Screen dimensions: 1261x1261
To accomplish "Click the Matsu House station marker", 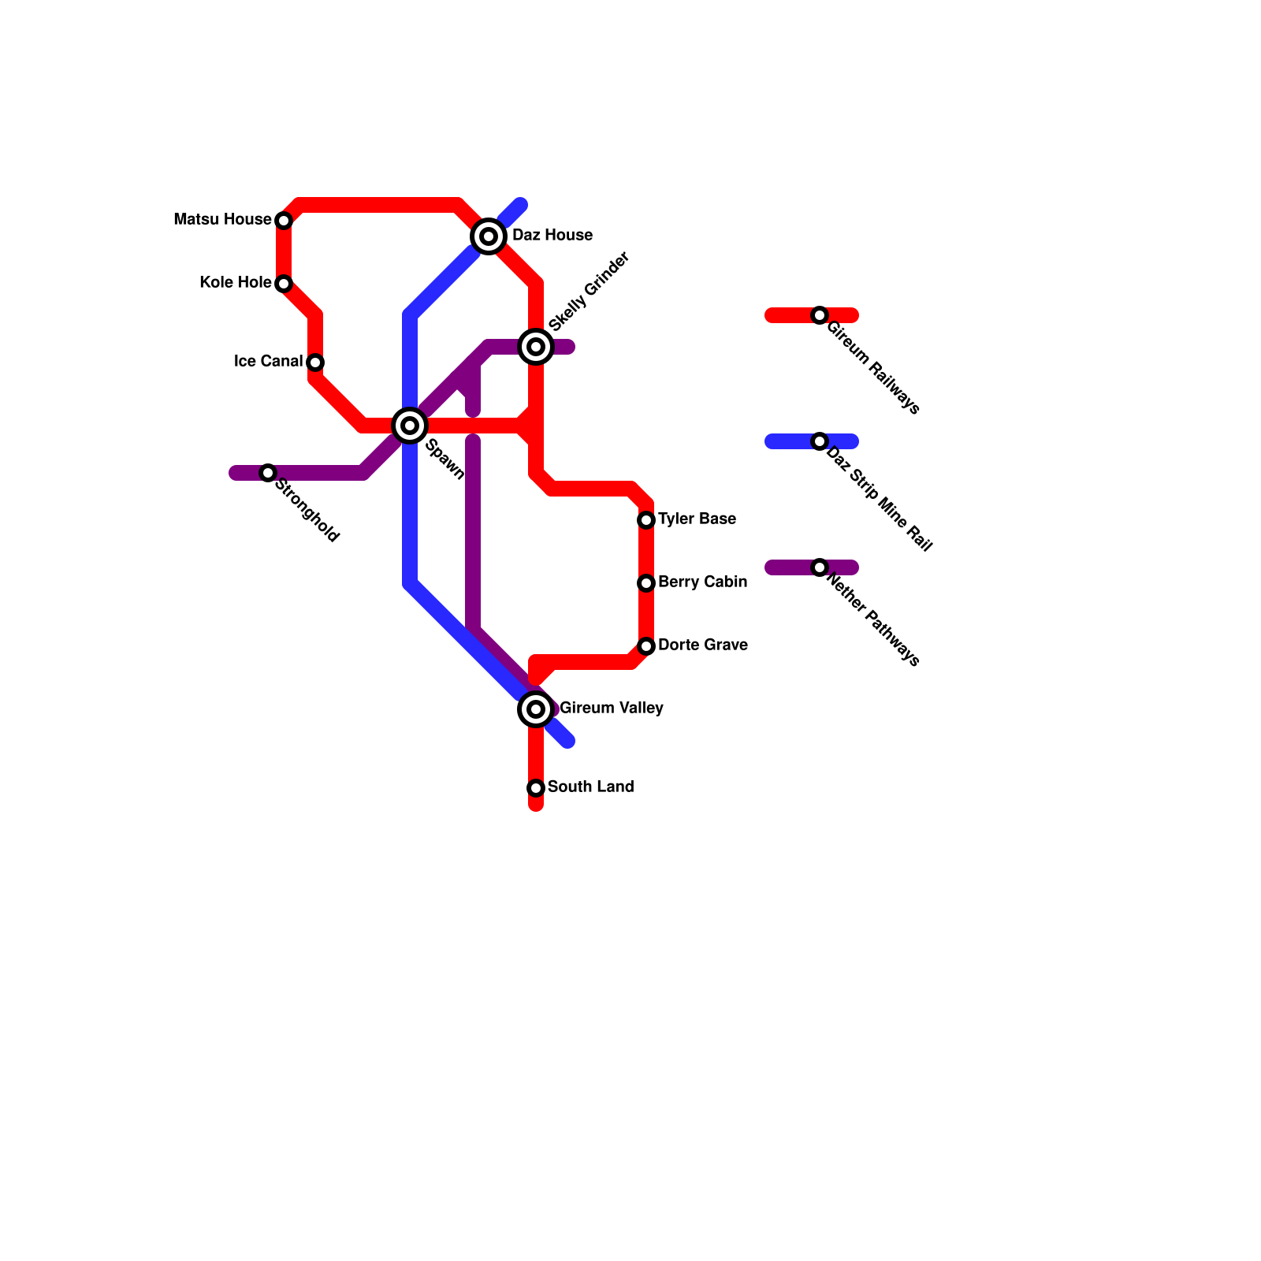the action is [284, 221].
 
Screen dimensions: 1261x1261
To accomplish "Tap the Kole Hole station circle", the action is [284, 284].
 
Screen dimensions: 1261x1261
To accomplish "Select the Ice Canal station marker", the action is [315, 363].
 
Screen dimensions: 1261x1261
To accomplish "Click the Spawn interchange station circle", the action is [410, 426].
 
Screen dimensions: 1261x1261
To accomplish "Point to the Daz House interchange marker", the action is [489, 236].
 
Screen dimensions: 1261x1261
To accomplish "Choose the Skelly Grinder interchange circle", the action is [536, 347].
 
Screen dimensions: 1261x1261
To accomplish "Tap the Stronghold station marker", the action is [268, 473].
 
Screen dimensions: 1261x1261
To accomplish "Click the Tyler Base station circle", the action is [646, 520].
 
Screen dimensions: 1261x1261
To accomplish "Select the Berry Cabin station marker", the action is [646, 583].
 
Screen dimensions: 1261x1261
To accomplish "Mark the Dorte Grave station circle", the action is [646, 646].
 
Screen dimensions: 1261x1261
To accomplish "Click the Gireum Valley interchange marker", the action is [536, 709].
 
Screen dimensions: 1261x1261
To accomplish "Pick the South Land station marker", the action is [536, 788].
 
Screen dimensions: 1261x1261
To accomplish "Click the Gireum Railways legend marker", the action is [820, 315].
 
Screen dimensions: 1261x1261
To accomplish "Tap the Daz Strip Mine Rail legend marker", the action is [820, 441].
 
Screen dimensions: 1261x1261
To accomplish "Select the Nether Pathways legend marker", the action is [820, 567].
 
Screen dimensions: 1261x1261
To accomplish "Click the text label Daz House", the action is [552, 236].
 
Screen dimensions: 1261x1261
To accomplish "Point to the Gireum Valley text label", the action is [611, 709].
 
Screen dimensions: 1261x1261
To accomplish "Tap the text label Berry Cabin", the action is [702, 582].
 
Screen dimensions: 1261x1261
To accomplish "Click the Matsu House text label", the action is [222, 220].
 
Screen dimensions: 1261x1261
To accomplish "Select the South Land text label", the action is [590, 787].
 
